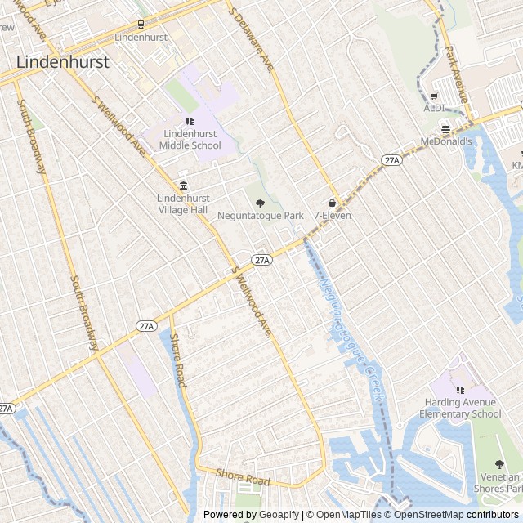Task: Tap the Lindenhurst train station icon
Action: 141,25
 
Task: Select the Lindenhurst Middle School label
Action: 190,140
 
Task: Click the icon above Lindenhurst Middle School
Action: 190,121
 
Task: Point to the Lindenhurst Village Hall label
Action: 183,203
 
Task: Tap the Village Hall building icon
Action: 183,185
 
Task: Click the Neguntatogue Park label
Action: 261,216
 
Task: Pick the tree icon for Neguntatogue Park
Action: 261,203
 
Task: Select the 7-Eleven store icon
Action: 333,203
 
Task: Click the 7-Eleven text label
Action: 333,216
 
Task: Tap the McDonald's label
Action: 446,141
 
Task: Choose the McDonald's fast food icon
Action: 445,128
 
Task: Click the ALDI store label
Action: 433,108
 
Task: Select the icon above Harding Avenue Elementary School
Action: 460,390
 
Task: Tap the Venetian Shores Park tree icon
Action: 499,464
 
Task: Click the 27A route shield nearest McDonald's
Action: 392,160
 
